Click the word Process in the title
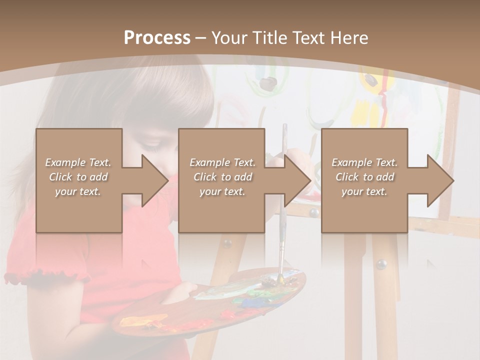(x=157, y=37)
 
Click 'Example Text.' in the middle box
(x=222, y=162)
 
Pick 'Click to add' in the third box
(x=364, y=177)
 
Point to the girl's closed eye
(x=151, y=146)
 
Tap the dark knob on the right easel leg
(x=381, y=263)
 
